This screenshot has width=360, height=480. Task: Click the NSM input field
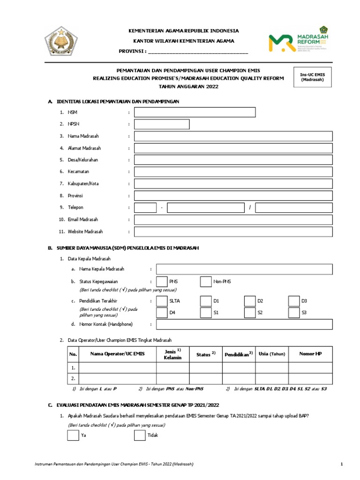[x=195, y=112]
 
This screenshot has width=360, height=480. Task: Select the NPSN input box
[x=162, y=124]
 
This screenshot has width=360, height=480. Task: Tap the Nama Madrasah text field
[x=233, y=136]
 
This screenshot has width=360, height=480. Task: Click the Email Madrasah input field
[x=233, y=219]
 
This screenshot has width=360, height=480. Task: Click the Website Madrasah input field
[x=233, y=232]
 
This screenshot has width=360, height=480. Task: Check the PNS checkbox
[x=161, y=281]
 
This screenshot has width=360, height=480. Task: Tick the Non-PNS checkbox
[x=206, y=281]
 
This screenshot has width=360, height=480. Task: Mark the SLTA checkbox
[x=161, y=300]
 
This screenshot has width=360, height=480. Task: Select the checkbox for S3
[x=294, y=312]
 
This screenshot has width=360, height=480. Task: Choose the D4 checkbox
[x=161, y=312]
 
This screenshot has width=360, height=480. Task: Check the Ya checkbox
[x=73, y=435]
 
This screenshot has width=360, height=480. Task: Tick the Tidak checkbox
[x=140, y=435]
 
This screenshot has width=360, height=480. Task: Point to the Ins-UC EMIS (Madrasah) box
[x=313, y=76]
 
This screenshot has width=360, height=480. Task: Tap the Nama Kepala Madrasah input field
[x=244, y=269]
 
